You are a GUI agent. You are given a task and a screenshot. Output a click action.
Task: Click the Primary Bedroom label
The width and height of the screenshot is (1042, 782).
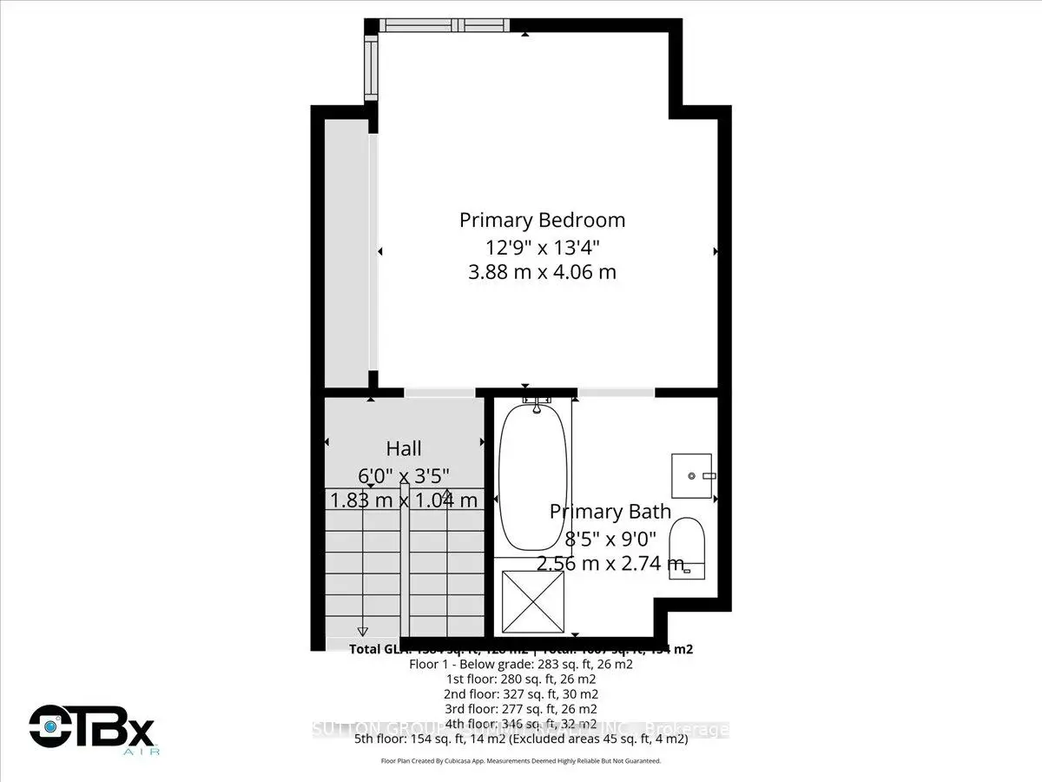(542, 220)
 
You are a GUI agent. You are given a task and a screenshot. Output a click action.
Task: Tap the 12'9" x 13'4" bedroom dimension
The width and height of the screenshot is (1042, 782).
(542, 246)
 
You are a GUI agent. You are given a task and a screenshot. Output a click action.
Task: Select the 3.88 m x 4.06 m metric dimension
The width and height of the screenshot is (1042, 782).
(542, 272)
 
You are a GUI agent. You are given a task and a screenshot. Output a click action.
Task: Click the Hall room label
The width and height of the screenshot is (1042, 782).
(404, 448)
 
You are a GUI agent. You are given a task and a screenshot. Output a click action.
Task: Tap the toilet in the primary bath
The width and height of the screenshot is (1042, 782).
(690, 545)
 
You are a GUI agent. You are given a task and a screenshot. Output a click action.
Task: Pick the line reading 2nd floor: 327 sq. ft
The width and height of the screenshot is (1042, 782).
(521, 694)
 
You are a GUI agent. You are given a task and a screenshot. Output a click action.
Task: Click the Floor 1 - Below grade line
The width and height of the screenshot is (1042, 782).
(521, 664)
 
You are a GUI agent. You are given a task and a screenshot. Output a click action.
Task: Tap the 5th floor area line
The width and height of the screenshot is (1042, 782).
(521, 739)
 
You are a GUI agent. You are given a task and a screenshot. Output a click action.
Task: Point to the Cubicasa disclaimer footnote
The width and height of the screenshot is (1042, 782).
(521, 761)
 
